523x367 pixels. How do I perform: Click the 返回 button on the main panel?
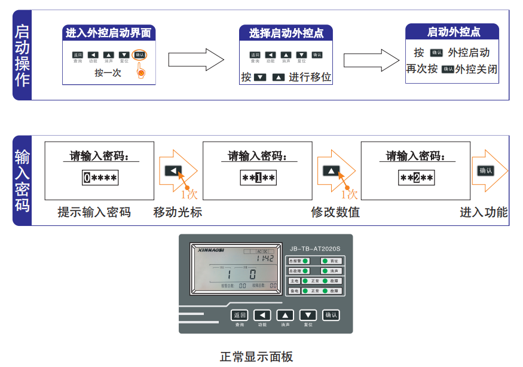pos(239,315)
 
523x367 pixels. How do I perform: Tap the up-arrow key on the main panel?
pos(285,315)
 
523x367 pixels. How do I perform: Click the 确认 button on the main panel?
pos(331,315)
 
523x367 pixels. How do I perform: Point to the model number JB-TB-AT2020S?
pos(314,249)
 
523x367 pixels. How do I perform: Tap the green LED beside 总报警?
pos(305,261)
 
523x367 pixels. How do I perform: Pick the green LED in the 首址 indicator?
pos(325,261)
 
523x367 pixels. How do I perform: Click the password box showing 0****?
pos(100,178)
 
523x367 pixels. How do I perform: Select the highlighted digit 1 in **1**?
pos(258,178)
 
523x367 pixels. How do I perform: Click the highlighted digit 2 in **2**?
pos(417,178)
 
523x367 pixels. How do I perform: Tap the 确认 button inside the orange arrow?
pos(485,171)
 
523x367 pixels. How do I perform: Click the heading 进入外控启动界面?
pos(108,33)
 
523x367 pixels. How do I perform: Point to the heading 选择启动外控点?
pos(286,33)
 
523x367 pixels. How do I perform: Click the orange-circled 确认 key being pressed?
pos(139,54)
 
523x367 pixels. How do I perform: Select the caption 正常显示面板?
pos(256,357)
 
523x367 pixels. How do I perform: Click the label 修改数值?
pos(335,212)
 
